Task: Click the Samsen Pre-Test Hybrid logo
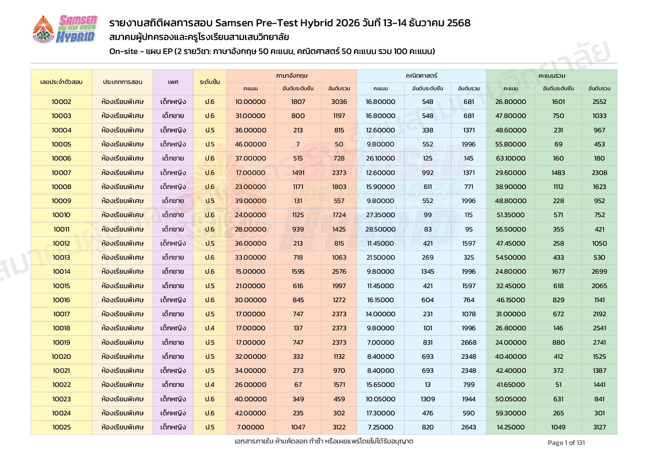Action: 65,29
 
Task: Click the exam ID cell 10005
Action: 61,144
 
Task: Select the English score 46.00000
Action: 250,144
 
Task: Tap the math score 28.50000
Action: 380,229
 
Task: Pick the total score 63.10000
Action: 511,158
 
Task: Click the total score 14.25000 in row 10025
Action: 511,427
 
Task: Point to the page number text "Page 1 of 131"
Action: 566,443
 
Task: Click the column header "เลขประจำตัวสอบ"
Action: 61,82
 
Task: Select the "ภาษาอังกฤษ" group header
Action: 291,76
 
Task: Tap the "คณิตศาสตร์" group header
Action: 422,76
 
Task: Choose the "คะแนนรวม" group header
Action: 552,76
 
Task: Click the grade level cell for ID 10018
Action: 210,328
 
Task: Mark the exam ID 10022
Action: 61,385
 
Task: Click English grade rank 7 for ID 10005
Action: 298,144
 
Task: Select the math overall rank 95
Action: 468,229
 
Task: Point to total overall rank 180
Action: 599,158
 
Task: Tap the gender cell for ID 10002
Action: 173,102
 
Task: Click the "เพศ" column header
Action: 173,82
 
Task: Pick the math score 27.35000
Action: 380,215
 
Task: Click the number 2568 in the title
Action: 458,23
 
